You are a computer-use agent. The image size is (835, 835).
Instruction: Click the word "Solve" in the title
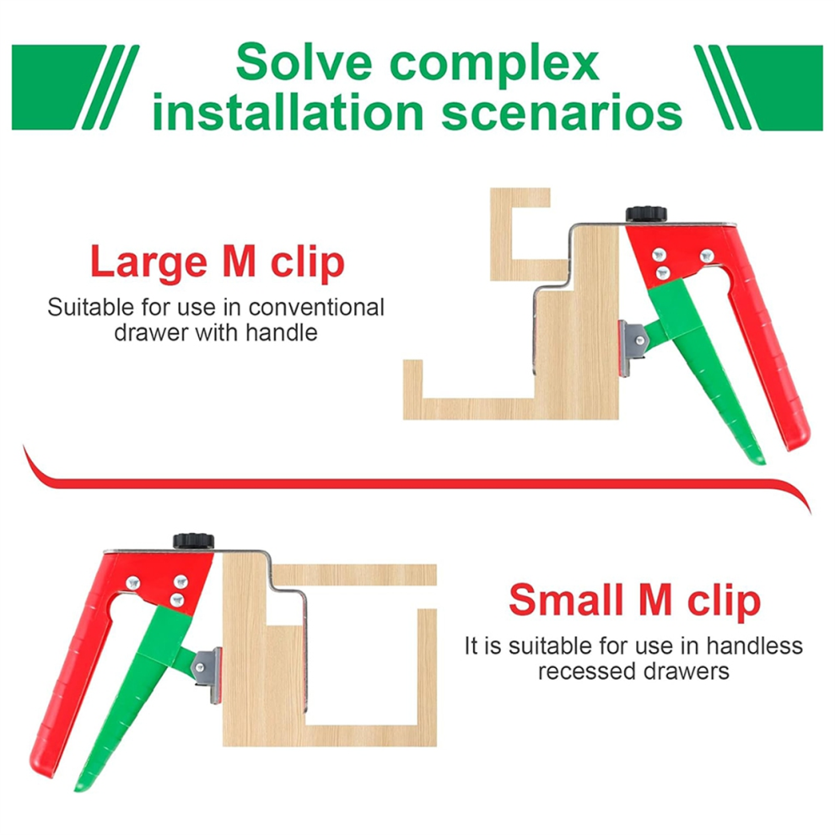(x=303, y=63)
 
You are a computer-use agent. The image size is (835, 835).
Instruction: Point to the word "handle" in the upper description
(x=281, y=333)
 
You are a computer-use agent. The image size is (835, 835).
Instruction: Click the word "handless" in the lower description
(x=755, y=646)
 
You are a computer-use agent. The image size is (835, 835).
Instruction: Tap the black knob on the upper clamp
(x=646, y=214)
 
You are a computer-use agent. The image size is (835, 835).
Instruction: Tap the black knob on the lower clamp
(x=193, y=541)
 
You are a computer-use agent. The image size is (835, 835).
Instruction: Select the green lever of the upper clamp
(x=708, y=368)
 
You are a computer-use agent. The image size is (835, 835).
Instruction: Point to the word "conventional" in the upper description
(x=316, y=308)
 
